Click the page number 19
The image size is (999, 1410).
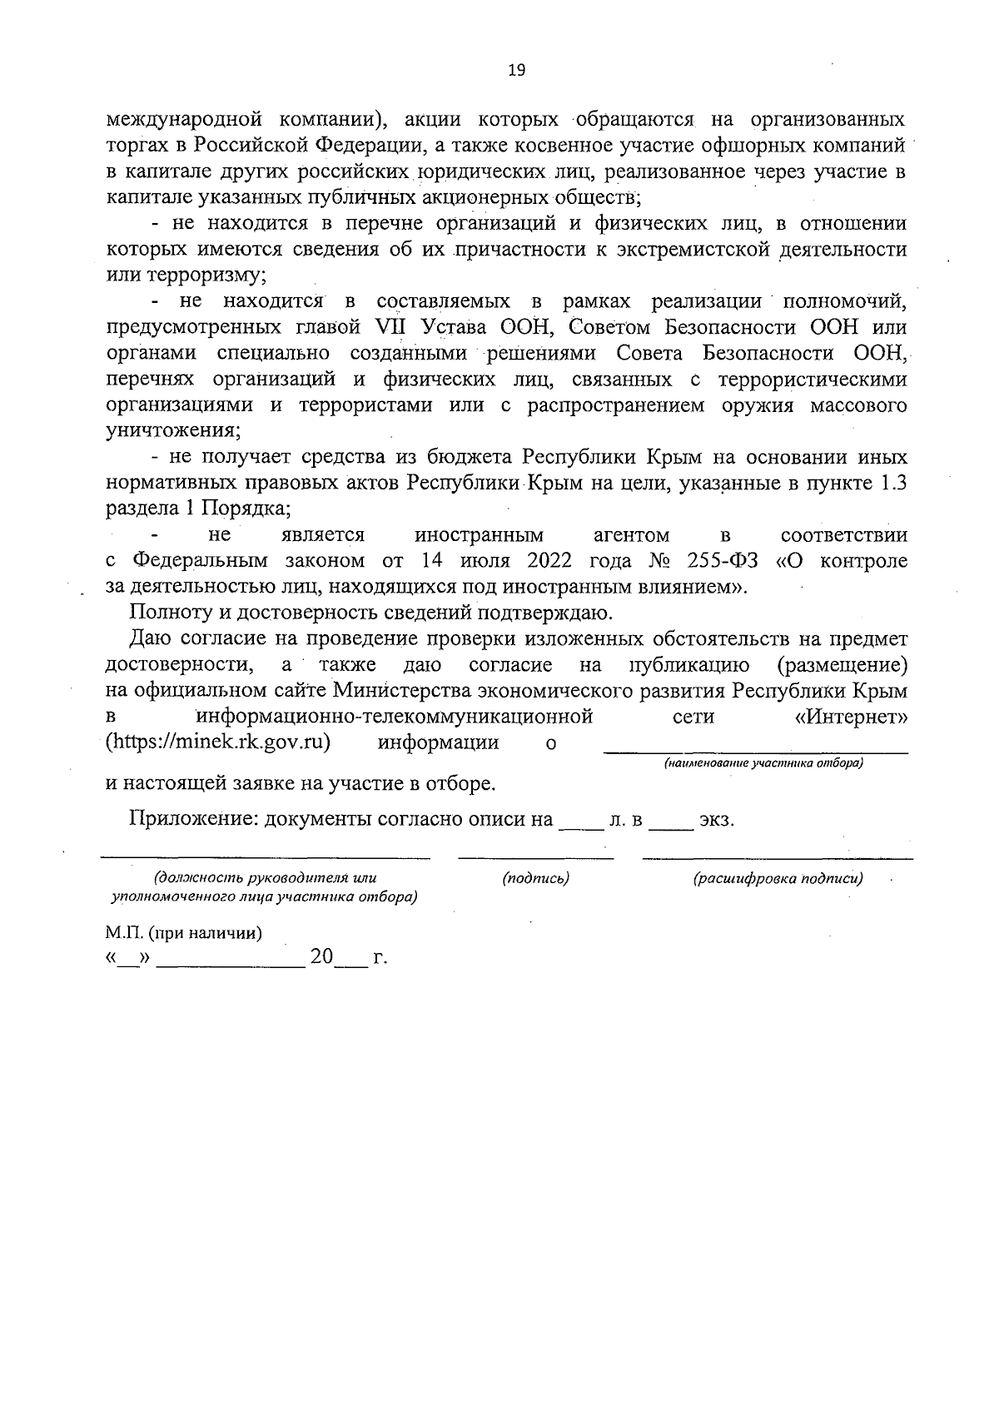516,71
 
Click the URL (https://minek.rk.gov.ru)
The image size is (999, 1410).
219,742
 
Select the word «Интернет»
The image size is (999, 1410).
846,716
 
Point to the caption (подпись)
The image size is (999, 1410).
536,878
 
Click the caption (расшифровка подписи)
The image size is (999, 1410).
778,878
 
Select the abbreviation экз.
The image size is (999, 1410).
717,819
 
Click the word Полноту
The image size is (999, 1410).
167,613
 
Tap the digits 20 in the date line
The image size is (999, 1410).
321,957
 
